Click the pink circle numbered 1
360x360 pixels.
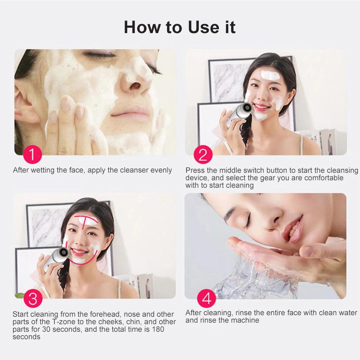click(33, 154)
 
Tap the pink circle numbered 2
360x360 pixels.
click(203, 154)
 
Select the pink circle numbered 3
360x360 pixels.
click(33, 298)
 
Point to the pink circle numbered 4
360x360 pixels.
click(206, 298)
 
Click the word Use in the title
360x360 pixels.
click(203, 27)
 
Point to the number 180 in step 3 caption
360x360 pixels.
click(158, 329)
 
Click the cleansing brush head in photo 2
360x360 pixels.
click(247, 107)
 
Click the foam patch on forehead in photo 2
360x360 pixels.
click(270, 75)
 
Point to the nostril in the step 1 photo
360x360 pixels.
click(135, 86)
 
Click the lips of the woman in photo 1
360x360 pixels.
click(130, 113)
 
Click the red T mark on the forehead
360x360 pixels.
click(87, 220)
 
